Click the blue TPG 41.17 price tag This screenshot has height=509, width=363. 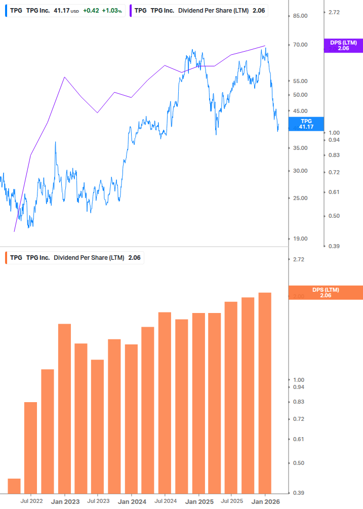click(306, 124)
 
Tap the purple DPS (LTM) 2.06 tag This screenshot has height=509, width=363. click(343, 46)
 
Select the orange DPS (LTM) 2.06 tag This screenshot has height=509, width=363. click(325, 293)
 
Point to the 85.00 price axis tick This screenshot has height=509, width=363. click(301, 16)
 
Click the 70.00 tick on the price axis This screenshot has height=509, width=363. click(301, 45)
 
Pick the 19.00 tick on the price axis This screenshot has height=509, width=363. click(301, 239)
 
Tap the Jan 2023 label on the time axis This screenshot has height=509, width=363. click(65, 501)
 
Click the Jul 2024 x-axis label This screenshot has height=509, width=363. click(165, 501)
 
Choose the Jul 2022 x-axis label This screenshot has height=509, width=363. click(31, 501)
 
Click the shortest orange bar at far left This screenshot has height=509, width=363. click(14, 486)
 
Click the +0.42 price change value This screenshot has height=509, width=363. click(92, 10)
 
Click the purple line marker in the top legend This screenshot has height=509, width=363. click(131, 10)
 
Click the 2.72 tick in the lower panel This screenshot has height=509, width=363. click(299, 259)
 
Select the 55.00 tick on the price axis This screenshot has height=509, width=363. click(301, 81)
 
